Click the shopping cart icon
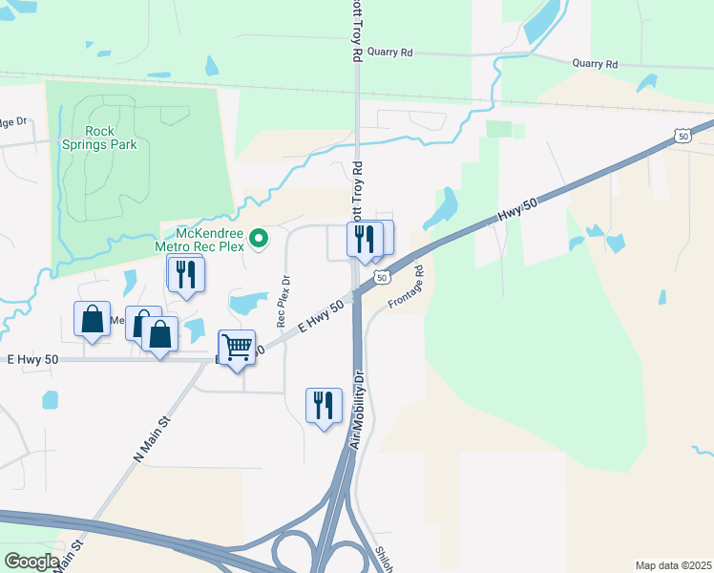[x=236, y=348]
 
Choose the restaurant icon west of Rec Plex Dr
[x=185, y=274]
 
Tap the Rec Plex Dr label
[x=283, y=302]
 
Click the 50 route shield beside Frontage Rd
[x=380, y=277]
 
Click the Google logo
[x=31, y=561]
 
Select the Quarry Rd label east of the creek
[x=595, y=64]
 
